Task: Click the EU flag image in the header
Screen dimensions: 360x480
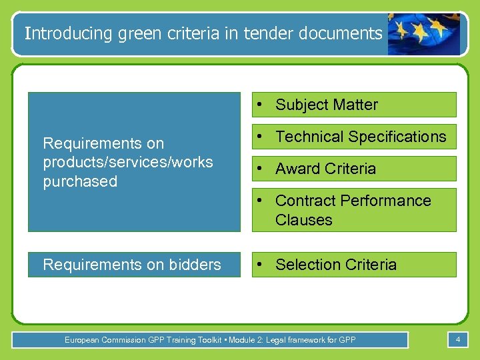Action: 423,33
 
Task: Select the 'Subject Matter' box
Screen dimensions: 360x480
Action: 354,105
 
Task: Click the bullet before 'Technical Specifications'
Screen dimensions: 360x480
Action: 265,137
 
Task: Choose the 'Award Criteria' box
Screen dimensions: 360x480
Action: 354,169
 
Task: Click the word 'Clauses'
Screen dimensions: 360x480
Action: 303,220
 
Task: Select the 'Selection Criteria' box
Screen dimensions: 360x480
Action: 354,265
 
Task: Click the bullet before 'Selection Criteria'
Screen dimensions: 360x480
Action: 265,265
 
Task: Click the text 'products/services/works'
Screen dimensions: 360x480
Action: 127,162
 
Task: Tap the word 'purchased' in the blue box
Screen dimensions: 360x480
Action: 80,181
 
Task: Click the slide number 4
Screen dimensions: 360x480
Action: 458,340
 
